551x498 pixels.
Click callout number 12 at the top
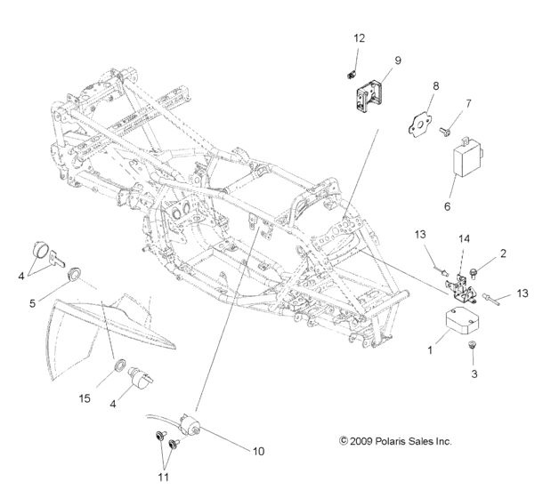(x=359, y=38)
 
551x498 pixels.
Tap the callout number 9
(x=397, y=60)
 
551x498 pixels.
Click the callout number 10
(x=258, y=451)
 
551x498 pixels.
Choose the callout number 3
(x=474, y=373)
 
